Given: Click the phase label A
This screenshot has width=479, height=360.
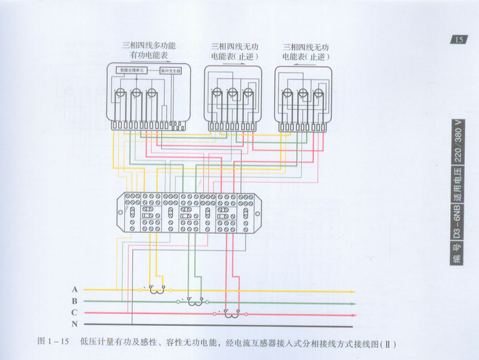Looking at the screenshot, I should [x=74, y=289].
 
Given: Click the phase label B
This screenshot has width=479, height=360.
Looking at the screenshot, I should [x=74, y=301].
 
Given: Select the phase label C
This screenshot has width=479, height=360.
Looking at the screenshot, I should [x=74, y=313].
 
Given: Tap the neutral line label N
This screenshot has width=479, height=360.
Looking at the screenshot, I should [x=74, y=324].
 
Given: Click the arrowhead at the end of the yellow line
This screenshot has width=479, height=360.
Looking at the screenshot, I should [x=353, y=291].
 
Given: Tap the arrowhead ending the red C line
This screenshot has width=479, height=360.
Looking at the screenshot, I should [x=353, y=314].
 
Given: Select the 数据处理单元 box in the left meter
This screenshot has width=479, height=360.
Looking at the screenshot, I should [x=133, y=70].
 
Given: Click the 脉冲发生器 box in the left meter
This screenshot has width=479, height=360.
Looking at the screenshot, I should [x=170, y=70].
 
